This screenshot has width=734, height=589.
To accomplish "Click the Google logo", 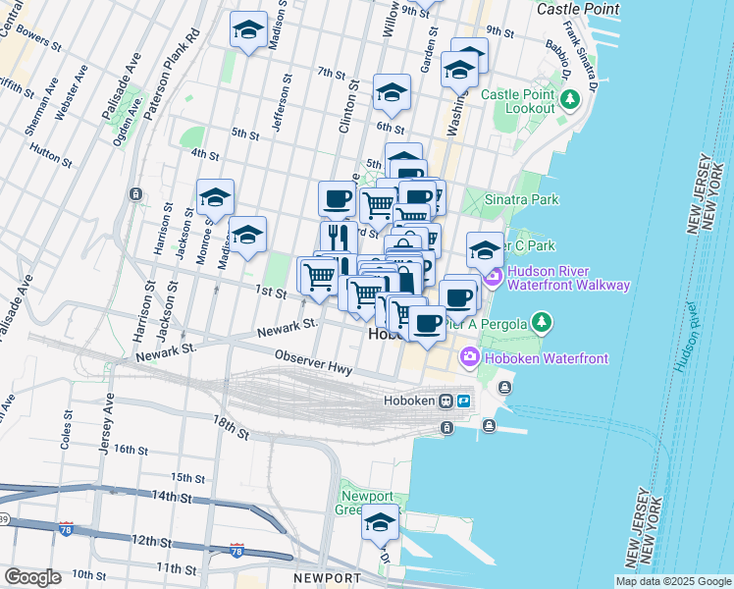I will click(x=32, y=577).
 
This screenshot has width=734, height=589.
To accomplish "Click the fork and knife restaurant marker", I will click(x=337, y=237).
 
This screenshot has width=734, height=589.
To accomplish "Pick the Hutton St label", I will click(x=46, y=150).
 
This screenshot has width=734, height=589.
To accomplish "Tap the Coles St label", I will click(x=67, y=424).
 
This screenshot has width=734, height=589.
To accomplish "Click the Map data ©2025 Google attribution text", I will click(x=674, y=581).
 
